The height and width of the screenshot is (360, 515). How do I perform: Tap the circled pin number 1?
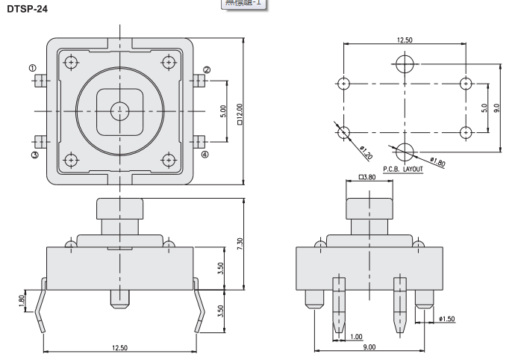(33, 69)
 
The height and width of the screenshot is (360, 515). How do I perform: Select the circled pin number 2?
(207, 70)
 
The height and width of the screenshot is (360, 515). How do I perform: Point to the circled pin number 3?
(34, 155)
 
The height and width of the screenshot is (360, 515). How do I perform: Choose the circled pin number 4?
(206, 155)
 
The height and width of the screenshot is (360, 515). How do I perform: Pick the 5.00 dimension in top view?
(222, 112)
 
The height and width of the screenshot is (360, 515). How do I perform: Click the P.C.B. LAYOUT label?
(403, 170)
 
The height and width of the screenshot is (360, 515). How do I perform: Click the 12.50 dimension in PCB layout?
(405, 39)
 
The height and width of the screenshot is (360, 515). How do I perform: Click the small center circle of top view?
(119, 111)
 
